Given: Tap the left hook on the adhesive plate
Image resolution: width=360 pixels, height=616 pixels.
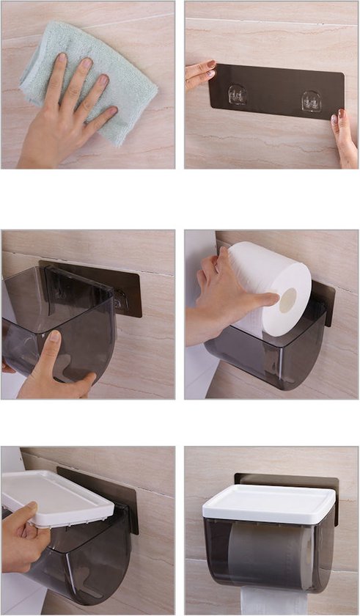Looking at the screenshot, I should point(238,95).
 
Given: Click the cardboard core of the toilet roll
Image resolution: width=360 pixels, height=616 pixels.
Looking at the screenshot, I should point(288,299).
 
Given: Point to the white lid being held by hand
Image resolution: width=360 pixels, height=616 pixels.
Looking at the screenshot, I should point(55,499).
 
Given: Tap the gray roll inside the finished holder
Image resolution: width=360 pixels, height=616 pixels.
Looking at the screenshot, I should point(271,557).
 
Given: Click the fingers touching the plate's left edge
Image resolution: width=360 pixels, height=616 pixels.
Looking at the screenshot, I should point(199,73).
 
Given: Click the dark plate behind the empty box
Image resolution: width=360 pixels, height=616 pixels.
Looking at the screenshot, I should point(125,290).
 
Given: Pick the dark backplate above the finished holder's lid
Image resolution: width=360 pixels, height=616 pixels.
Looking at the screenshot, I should point(293,481).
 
